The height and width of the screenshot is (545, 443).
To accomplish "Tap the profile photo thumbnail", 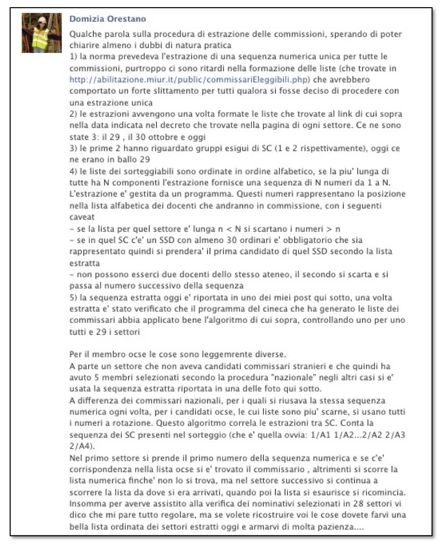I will coord(42,33).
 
